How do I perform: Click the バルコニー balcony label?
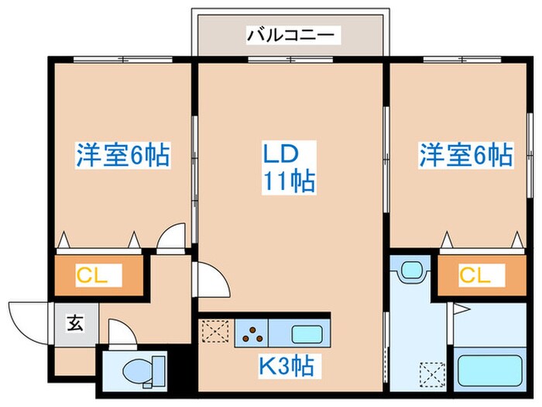(290, 34)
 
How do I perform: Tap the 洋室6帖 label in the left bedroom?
(122, 154)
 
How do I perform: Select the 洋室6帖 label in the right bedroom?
(465, 154)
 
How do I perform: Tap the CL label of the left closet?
(98, 274)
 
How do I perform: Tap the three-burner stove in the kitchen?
(252, 335)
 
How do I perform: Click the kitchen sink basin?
(308, 335)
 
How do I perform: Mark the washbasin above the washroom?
(410, 272)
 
